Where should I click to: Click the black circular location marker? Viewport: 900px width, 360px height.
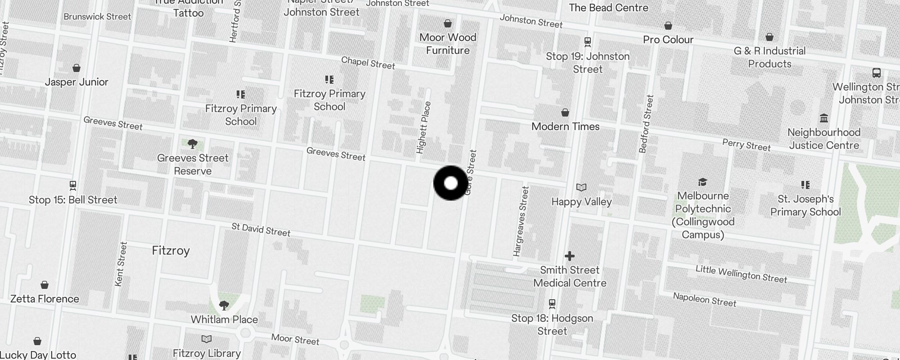coord(450,183)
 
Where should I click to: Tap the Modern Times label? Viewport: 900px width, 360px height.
coord(565,126)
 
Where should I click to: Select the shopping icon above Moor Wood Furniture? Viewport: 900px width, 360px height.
coord(448,23)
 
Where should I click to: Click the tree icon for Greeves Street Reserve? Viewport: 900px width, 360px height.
coord(193,144)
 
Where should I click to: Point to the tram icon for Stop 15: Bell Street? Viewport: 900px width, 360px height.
coord(73,185)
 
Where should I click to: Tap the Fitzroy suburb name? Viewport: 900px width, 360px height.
coord(171,251)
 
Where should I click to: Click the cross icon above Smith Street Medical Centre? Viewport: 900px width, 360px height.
coord(570,256)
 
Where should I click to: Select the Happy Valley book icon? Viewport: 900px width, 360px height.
coord(581,187)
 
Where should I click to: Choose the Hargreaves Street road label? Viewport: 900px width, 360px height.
coord(521,221)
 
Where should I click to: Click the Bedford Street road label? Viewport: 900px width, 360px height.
coord(646,124)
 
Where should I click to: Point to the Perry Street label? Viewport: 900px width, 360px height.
coord(746,145)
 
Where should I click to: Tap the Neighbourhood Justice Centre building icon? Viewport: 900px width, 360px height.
coord(824,118)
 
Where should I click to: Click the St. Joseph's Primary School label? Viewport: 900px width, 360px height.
coord(805,205)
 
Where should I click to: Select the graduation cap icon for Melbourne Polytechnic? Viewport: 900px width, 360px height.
coord(702,182)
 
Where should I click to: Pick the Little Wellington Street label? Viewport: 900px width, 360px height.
coord(741,274)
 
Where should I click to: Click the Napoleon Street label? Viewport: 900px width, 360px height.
coord(704,299)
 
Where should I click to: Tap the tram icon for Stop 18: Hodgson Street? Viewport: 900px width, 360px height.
coord(552,304)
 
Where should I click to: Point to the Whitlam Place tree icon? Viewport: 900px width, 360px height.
coord(224,306)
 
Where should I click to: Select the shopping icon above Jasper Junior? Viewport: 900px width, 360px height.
coord(76,68)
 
